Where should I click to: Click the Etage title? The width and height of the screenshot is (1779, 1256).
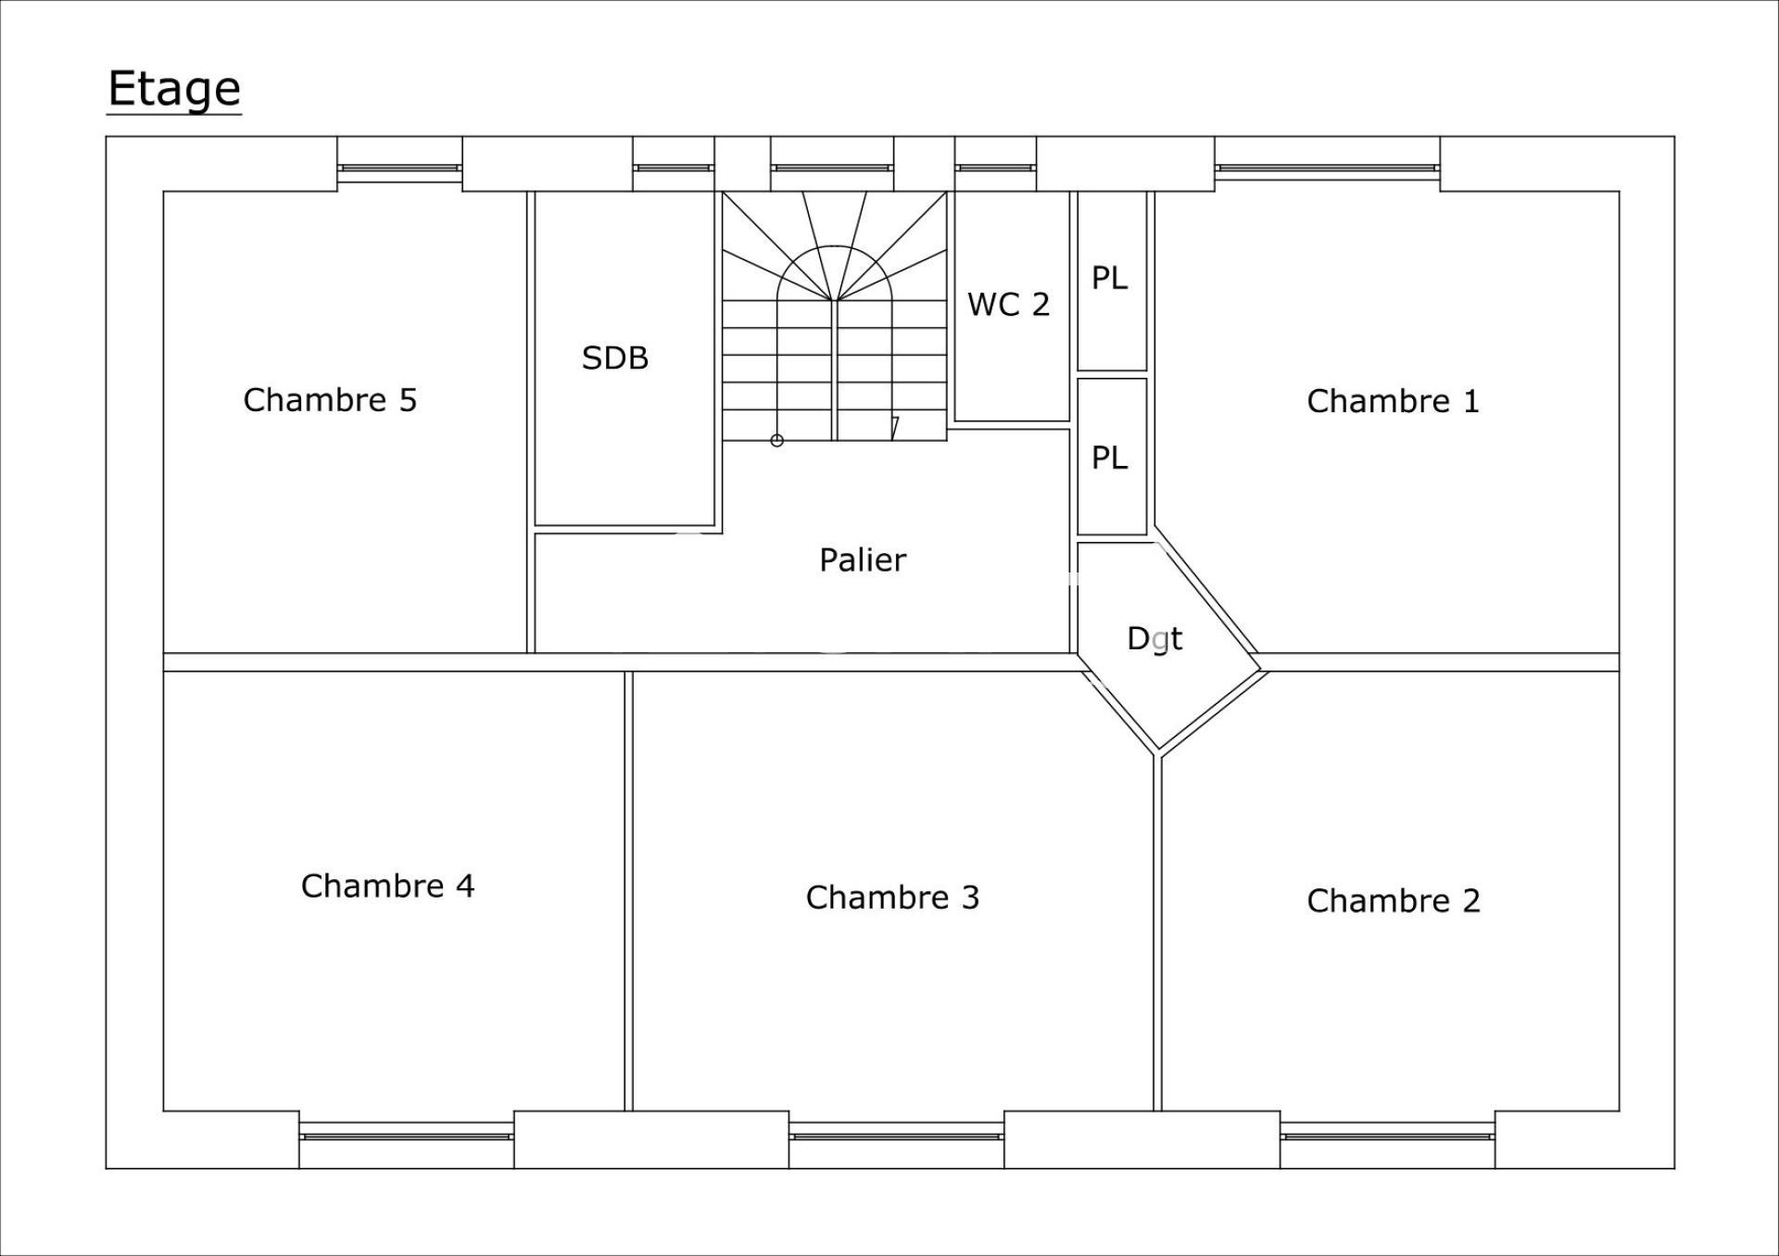174,90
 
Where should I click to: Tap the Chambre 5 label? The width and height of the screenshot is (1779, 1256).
330,400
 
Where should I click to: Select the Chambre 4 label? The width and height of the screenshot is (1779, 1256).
387,885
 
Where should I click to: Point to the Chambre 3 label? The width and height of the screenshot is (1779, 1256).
892,897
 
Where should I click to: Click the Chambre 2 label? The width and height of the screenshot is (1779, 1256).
1394,900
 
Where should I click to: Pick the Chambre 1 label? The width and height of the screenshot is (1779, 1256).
1393,401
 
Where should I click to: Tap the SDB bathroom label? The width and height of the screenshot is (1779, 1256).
615,358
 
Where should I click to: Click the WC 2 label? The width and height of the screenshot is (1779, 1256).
1008,304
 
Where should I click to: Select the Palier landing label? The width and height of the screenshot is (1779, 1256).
863,559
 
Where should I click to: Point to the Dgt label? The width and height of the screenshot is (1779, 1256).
1154,638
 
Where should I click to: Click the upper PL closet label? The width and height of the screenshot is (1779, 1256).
1109,278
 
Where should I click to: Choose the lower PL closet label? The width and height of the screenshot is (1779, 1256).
1109,458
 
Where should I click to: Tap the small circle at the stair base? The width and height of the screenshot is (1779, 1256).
777,441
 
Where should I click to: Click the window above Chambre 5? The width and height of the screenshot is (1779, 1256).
399,169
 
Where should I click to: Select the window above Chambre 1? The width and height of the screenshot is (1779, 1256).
1328,169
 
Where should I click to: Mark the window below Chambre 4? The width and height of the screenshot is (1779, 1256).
407,1135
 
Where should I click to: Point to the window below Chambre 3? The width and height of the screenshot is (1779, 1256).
897,1135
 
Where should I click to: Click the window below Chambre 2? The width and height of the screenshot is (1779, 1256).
1388,1135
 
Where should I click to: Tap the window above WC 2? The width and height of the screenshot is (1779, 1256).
995,169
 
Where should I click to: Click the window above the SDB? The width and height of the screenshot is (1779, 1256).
674,169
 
